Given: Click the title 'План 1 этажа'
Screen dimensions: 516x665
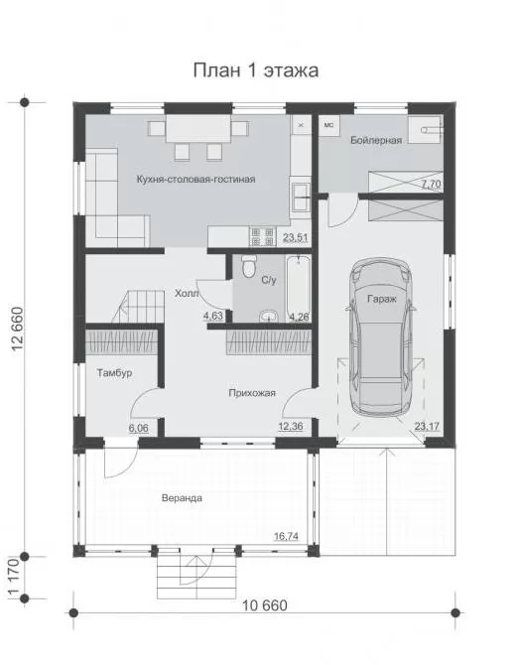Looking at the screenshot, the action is pos(256,70).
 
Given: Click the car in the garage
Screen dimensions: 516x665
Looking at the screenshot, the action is pos(381,336).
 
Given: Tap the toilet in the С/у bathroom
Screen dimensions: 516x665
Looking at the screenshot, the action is pos(248,267).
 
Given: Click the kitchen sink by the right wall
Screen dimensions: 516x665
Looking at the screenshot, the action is pos(301,196).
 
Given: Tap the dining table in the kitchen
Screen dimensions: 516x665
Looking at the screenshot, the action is pos(198,128).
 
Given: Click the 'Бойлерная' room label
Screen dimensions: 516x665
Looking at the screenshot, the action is pos(376,140).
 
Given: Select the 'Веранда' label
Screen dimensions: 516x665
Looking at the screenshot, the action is pos(182,498).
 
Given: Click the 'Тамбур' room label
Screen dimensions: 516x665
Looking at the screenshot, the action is pos(114,373).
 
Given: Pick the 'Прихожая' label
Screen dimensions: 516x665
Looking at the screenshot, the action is pos(252,393).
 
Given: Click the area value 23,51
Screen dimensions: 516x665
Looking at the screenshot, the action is pos(295,238).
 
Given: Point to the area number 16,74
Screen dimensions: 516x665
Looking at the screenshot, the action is pos(286,537).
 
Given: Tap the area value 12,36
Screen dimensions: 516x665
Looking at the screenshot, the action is pos(291,426).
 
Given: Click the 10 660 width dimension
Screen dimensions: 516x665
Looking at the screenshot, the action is pos(265,605).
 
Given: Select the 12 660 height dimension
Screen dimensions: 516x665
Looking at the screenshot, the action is pos(19,330).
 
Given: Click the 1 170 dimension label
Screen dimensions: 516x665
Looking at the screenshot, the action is pos(14,578).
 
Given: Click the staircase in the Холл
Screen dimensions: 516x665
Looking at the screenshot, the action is pos(139,307).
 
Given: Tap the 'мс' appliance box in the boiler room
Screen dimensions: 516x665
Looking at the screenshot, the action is pos(329,125).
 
